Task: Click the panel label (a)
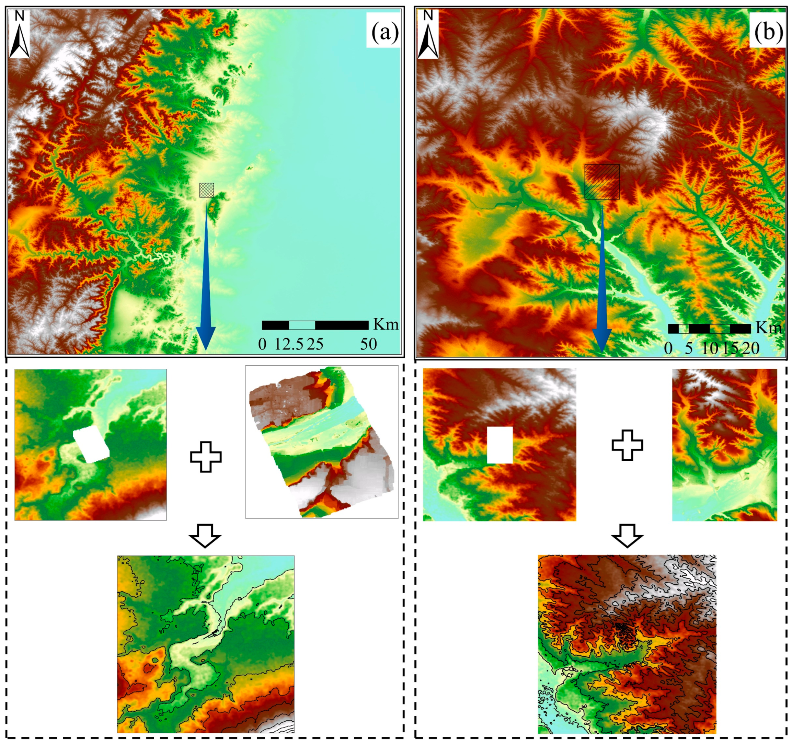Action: tap(384, 33)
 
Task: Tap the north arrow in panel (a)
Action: tap(20, 34)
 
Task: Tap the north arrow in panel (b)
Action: tap(428, 34)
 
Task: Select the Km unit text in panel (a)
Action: tap(386, 325)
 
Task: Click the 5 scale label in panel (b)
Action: tap(689, 348)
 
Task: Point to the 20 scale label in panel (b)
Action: tap(750, 348)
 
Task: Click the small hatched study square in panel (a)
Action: tap(207, 190)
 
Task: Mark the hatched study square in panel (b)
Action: tap(602, 182)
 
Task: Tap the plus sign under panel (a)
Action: tap(206, 457)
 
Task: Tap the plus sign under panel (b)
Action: tap(627, 445)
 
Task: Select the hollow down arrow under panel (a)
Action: tap(205, 536)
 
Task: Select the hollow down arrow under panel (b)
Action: tap(627, 536)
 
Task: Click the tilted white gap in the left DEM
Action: tap(91, 446)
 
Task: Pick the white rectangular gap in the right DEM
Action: tap(500, 445)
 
